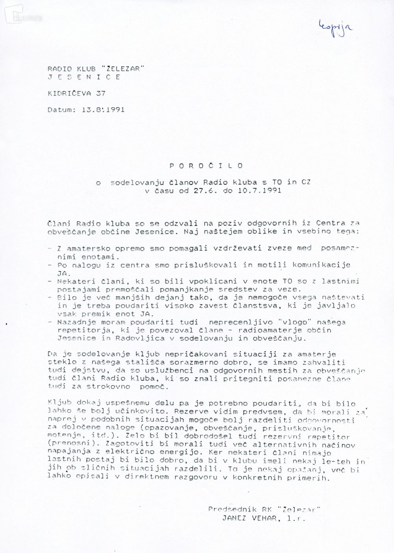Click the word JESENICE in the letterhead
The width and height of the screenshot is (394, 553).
[84, 77]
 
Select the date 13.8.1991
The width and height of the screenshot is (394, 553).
[103, 110]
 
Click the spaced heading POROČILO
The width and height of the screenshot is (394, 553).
[206, 166]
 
